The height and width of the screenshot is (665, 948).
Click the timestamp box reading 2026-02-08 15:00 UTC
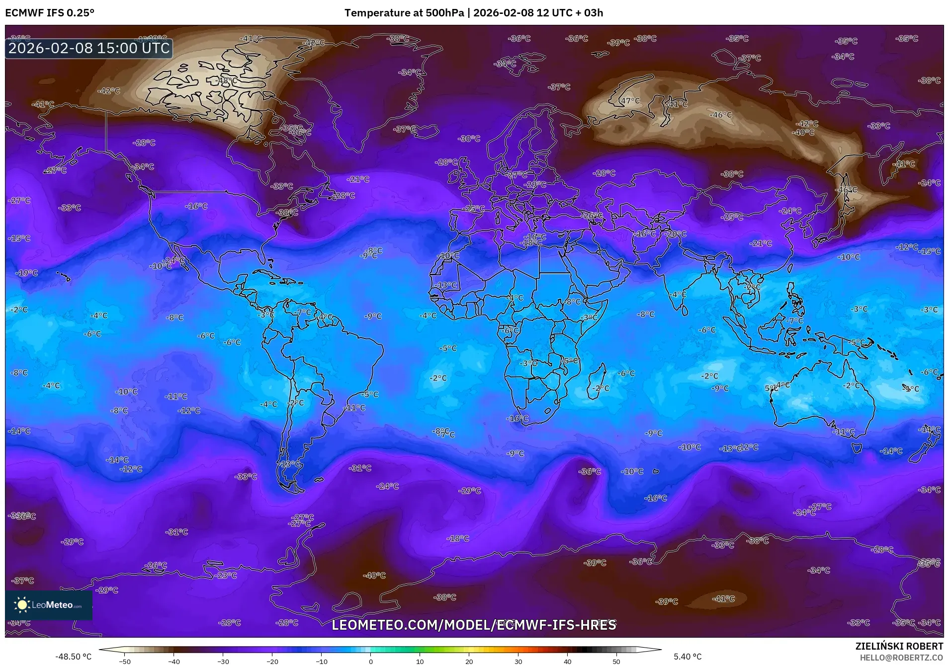pyautogui.click(x=89, y=48)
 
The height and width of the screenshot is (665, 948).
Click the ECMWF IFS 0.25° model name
pyautogui.click(x=50, y=12)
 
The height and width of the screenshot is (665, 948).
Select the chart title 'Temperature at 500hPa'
pyautogui.click(x=404, y=12)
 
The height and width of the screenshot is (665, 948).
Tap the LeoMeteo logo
pyautogui.click(x=49, y=605)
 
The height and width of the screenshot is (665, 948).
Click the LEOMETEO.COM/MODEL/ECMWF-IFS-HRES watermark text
pyautogui.click(x=474, y=625)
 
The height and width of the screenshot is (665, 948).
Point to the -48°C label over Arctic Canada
pyautogui.click(x=227, y=81)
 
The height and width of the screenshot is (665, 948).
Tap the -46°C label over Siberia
pyautogui.click(x=721, y=115)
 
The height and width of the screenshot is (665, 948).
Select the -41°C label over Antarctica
pyautogui.click(x=723, y=599)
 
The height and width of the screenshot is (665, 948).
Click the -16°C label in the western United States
pyautogui.click(x=197, y=206)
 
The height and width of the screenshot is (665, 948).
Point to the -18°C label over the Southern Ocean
pyautogui.click(x=458, y=538)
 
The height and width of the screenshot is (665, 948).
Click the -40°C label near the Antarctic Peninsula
pyautogui.click(x=375, y=576)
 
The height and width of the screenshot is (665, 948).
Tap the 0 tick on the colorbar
pyautogui.click(x=371, y=661)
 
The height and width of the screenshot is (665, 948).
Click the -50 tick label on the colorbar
pyautogui.click(x=124, y=661)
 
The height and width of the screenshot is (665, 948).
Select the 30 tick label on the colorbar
pyautogui.click(x=518, y=661)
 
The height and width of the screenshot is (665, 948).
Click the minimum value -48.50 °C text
pyautogui.click(x=74, y=657)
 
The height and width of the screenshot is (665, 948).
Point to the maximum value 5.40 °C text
pyautogui.click(x=688, y=657)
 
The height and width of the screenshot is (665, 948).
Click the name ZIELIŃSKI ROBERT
pyautogui.click(x=899, y=646)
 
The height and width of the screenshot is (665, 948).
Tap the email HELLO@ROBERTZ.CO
pyautogui.click(x=901, y=657)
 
